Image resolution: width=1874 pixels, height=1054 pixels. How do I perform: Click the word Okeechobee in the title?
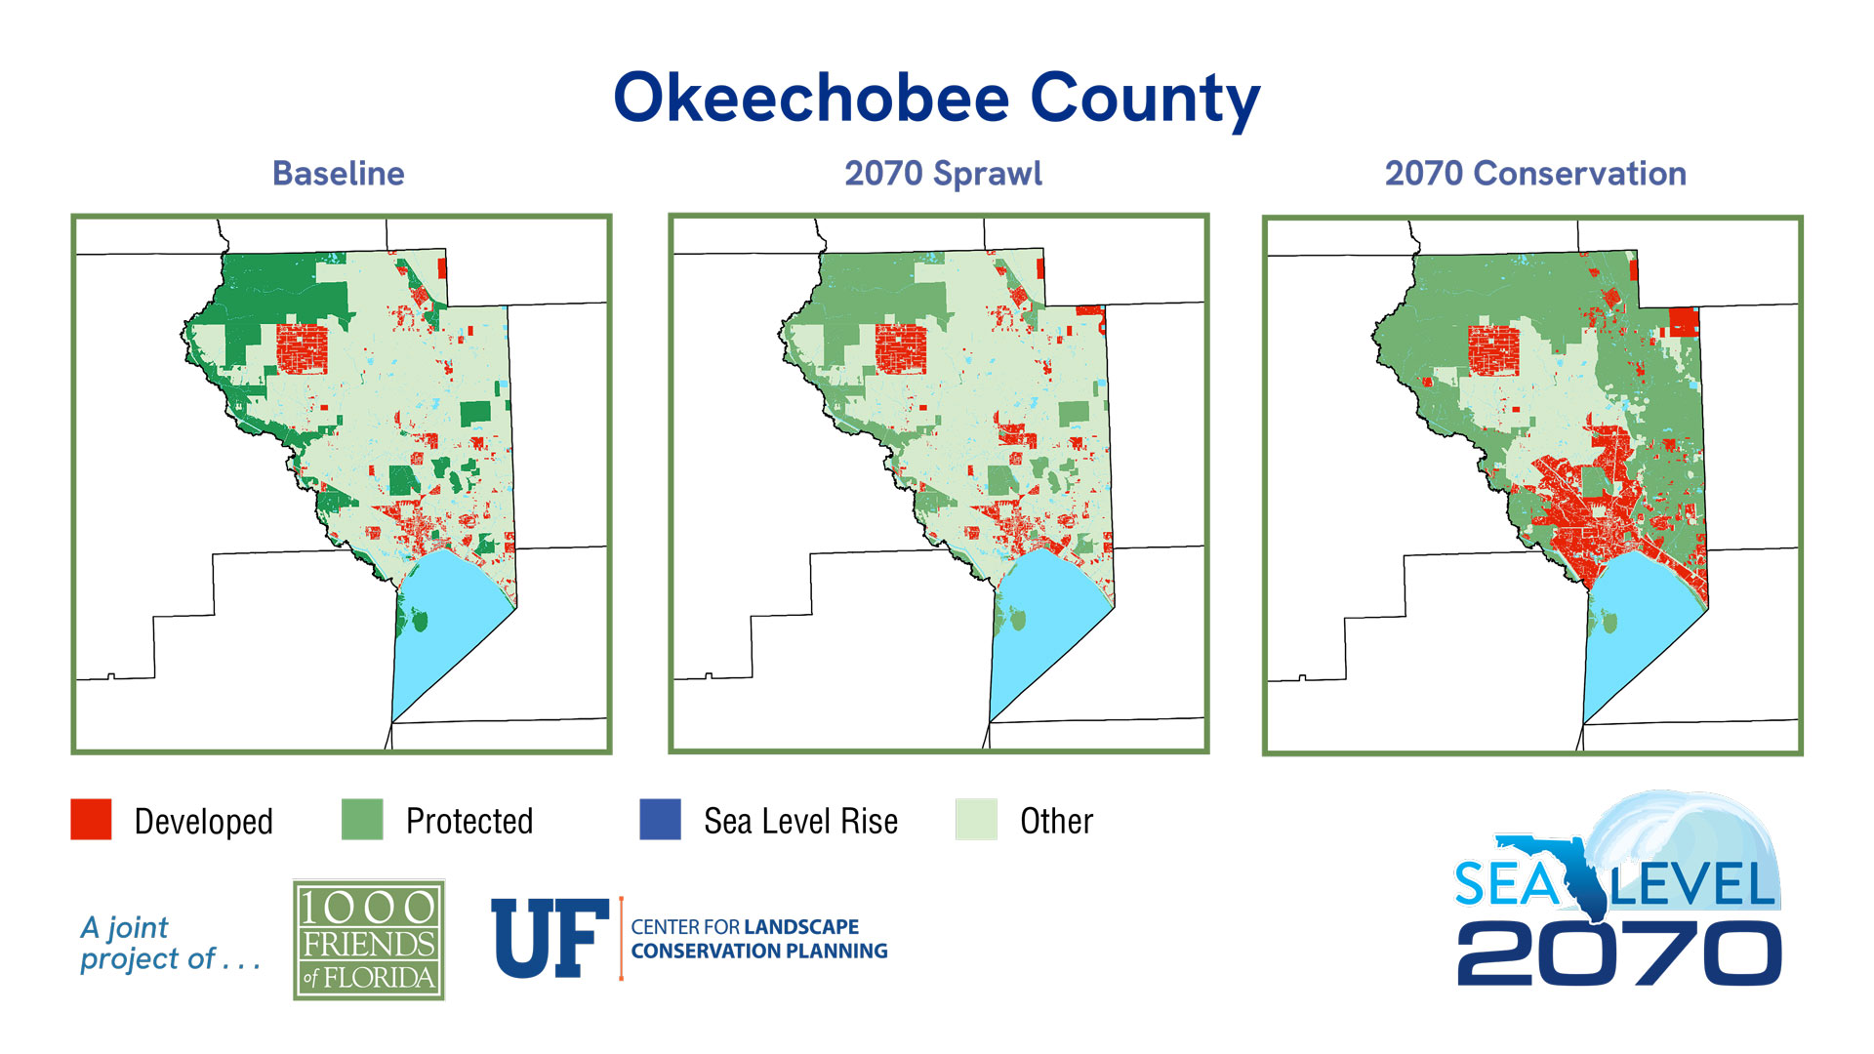(811, 99)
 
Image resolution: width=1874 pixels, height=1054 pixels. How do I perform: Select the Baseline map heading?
(338, 174)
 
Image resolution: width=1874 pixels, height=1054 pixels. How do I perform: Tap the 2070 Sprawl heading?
(943, 174)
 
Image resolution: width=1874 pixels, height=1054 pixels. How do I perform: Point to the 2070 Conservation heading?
(1535, 174)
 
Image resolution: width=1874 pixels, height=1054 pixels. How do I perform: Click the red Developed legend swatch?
(91, 820)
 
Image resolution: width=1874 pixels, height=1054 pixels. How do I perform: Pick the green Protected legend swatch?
(362, 820)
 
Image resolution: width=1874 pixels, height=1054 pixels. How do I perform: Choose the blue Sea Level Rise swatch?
(660, 820)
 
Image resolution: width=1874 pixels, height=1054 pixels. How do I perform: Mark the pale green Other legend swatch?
(976, 820)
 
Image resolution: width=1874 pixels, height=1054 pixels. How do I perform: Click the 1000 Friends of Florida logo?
(369, 940)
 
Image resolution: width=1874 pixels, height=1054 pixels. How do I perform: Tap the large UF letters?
(549, 939)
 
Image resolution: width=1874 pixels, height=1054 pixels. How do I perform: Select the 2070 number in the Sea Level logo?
(1618, 953)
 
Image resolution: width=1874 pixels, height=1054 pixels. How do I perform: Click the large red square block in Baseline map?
(302, 348)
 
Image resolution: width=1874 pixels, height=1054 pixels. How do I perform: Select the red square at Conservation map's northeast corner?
(1683, 322)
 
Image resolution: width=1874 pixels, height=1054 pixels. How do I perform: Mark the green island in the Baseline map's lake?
(420, 619)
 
